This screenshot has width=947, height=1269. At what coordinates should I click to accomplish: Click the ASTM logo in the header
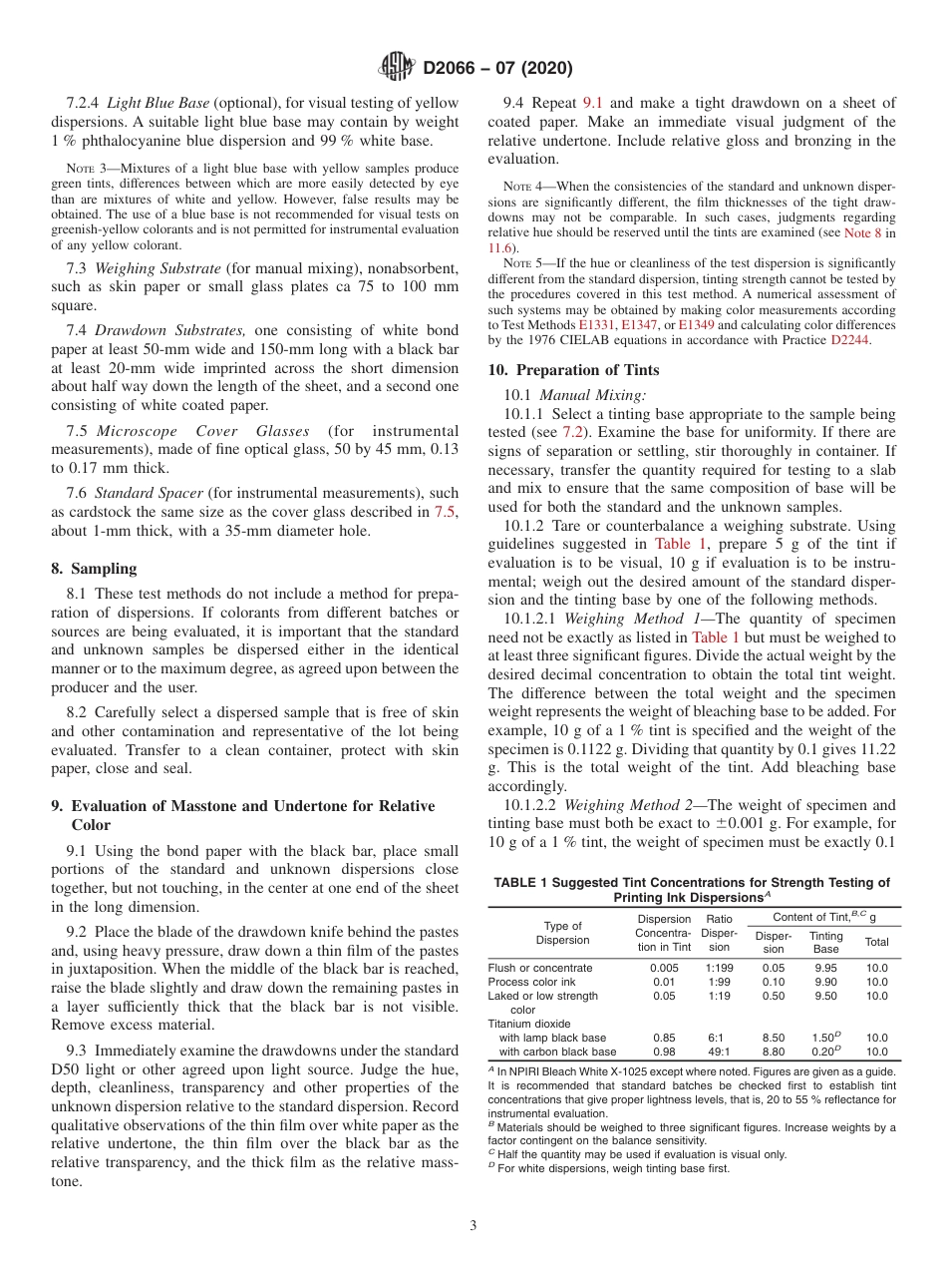pyautogui.click(x=397, y=68)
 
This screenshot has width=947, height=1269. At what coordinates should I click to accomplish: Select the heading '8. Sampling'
pyautogui.click(x=94, y=569)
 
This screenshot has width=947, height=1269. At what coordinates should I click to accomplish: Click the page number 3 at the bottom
pyautogui.click(x=473, y=1223)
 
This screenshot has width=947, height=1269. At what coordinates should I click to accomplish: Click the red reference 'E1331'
pyautogui.click(x=597, y=324)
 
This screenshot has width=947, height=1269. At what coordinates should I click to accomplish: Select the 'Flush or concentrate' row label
pyautogui.click(x=539, y=968)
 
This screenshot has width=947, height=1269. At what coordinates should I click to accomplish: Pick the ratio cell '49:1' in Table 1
pyautogui.click(x=718, y=1052)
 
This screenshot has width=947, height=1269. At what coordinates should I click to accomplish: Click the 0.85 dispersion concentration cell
pyautogui.click(x=664, y=1038)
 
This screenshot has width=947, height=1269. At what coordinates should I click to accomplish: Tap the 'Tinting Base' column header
pyautogui.click(x=825, y=942)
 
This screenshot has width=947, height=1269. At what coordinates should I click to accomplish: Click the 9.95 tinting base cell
pyautogui.click(x=825, y=968)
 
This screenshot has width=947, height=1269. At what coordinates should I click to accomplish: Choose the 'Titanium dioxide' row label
pyautogui.click(x=529, y=1024)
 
